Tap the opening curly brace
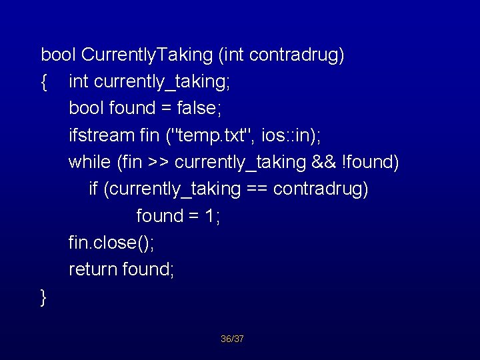click(44, 82)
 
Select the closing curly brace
click(44, 297)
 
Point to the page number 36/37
click(233, 339)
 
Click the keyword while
click(89, 162)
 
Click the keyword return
click(93, 269)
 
